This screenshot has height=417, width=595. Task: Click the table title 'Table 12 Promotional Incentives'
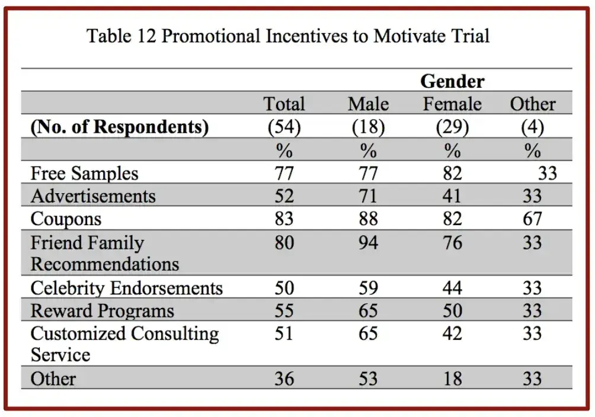pos(288,36)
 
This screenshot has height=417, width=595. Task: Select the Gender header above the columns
pos(452,81)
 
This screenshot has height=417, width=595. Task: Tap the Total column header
pos(284,104)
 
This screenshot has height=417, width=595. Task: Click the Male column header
pos(368,104)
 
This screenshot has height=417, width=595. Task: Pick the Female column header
pos(452,104)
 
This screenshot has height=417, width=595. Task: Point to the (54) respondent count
pos(284,127)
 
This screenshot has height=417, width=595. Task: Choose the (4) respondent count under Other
pos(532,127)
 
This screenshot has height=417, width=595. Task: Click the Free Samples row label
pos(84,174)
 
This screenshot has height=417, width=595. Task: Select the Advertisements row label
pos(93,196)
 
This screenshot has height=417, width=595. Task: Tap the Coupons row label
pos(66,219)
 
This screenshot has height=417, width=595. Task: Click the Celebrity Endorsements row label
pos(126,288)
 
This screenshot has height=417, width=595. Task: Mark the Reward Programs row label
pos(102,311)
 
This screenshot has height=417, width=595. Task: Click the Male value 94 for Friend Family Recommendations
pos(368,243)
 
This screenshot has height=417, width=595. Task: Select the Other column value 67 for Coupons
pos(532,219)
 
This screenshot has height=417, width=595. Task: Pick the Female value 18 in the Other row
pos(452,378)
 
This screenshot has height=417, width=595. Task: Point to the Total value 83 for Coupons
pos(284,219)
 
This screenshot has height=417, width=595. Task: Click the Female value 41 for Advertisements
pos(452,196)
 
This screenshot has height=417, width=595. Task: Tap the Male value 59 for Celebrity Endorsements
pos(368,288)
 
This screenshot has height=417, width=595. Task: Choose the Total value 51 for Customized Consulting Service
pos(284,334)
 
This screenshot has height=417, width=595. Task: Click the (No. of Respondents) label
pos(119,127)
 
